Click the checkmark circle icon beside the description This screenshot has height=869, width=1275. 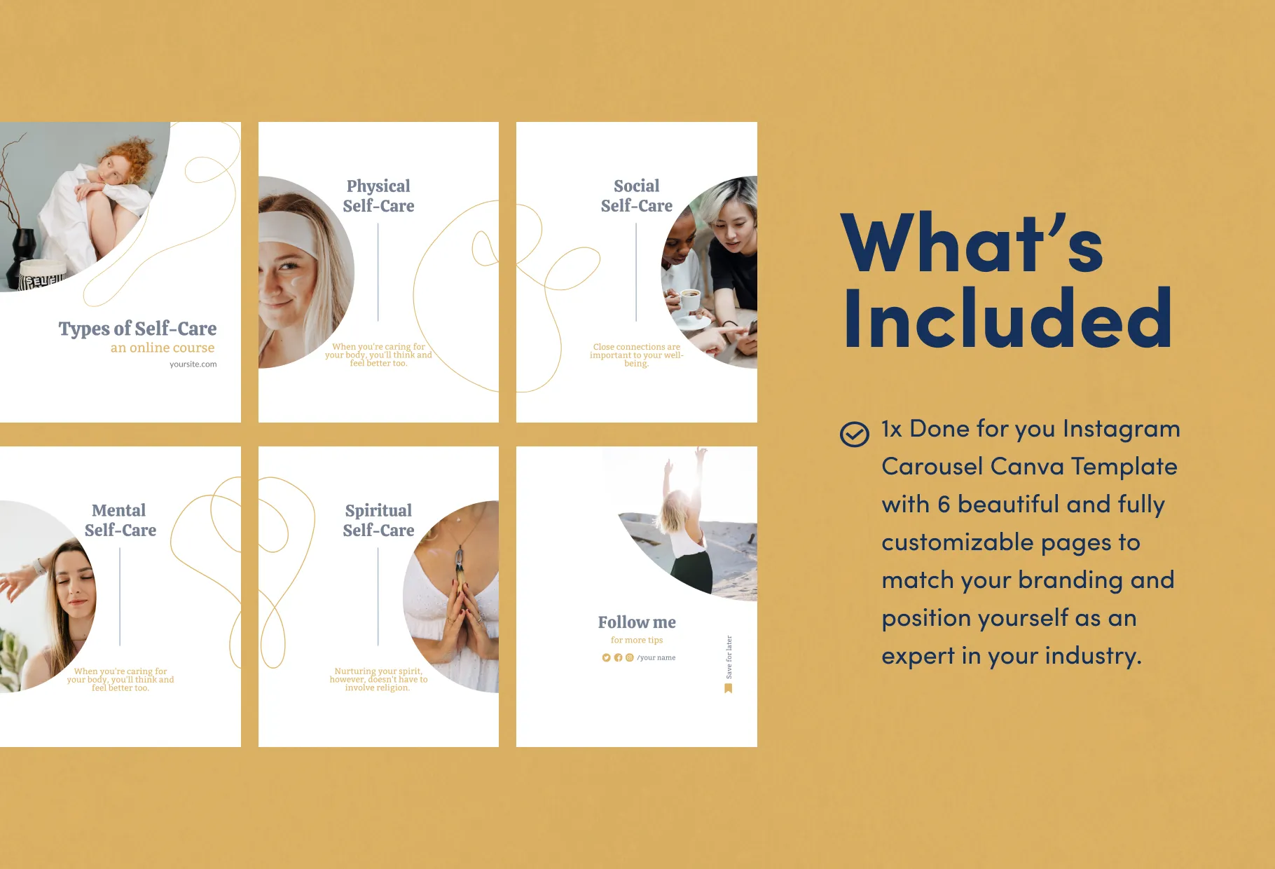pos(854,434)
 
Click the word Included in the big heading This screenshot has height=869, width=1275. pos(1007,318)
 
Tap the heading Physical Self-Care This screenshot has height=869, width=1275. pos(378,196)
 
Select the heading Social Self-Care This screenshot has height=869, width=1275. pos(636,196)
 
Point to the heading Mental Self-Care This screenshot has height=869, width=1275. pos(120,520)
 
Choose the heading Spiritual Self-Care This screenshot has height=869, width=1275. pos(378,520)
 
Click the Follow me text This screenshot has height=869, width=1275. pos(637,622)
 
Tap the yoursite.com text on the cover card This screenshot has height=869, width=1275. pos(193,364)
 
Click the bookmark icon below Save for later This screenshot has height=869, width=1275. pos(729,688)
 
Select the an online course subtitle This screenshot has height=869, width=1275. pos(163,348)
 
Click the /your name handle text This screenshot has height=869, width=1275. pos(656,657)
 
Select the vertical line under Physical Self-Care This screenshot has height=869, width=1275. pos(378,272)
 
